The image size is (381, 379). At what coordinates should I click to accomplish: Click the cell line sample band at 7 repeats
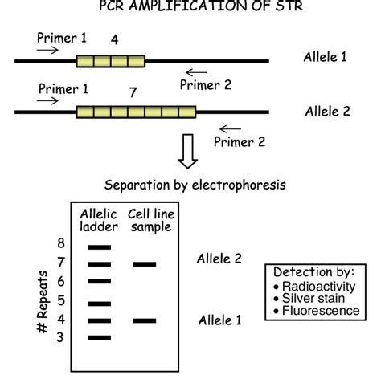click(x=144, y=263)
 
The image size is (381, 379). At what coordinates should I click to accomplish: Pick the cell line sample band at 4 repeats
click(x=144, y=320)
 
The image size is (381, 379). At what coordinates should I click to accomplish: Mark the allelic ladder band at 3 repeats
click(x=99, y=336)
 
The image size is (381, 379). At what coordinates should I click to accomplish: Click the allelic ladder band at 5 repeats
click(x=99, y=304)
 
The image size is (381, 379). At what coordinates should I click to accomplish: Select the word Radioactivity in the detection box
click(x=318, y=286)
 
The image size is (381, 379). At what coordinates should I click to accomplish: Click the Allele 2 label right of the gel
click(x=220, y=259)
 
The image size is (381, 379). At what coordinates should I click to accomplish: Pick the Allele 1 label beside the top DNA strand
click(x=326, y=58)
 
